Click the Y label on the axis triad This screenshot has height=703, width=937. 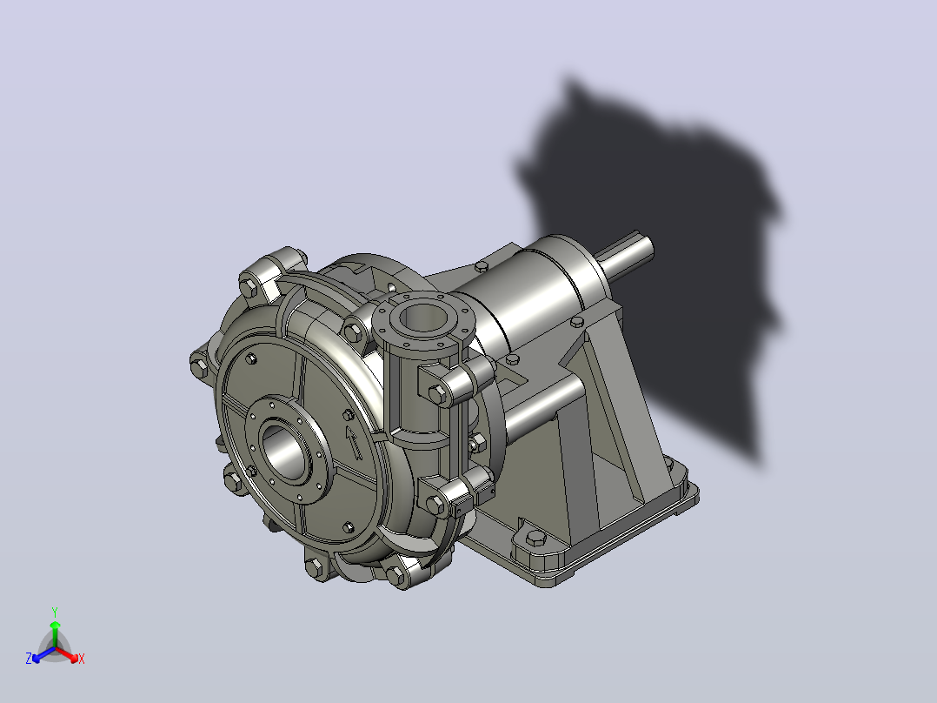tap(55, 612)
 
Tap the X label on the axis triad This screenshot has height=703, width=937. tap(82, 659)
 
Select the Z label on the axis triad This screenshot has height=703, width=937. tap(29, 658)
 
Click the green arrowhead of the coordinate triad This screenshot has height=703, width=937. tap(55, 625)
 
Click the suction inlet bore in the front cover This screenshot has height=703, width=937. tap(286, 450)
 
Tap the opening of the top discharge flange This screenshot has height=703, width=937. tap(422, 317)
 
